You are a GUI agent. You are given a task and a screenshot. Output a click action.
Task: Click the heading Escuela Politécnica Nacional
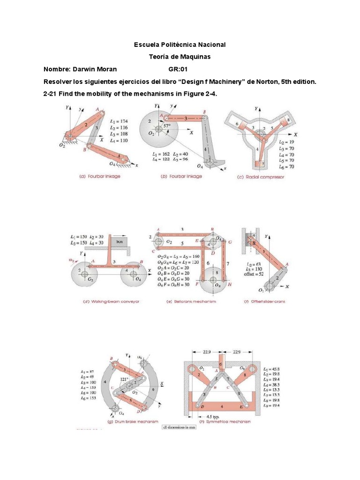coord(180,45)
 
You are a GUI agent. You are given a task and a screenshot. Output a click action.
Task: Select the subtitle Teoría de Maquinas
coord(180,57)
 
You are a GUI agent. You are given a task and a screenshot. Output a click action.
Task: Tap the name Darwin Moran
coord(80,69)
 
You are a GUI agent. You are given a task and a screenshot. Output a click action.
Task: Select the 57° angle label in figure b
coord(167,126)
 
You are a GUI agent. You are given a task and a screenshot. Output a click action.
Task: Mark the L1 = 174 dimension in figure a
coord(119,121)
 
